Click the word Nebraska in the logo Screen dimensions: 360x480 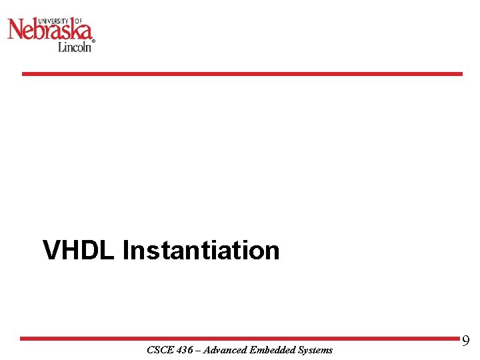(49, 30)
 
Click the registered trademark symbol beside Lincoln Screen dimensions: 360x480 (93, 41)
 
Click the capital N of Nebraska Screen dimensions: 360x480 (15, 30)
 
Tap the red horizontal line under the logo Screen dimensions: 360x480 (241, 74)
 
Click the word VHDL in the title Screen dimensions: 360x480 (79, 250)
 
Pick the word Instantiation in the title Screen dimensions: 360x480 (201, 250)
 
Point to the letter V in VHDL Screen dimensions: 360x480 (50, 250)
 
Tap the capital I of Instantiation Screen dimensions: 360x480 (126, 250)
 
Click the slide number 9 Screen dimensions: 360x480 (465, 341)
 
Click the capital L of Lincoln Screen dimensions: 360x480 (61, 47)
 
